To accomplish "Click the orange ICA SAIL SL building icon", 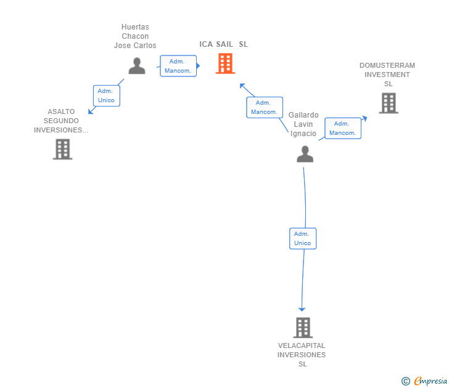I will tap(225, 63).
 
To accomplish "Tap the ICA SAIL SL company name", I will tap(223, 44).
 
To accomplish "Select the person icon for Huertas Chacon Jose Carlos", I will tap(137, 66).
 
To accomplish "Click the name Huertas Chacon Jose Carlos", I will tap(135, 36).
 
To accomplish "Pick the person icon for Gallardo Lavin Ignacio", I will tap(305, 154).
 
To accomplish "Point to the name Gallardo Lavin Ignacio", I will tap(303, 124).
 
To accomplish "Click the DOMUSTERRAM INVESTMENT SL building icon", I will tap(388, 103).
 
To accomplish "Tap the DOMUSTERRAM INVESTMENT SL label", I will tap(387, 75).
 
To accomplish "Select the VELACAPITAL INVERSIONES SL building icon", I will tap(302, 328).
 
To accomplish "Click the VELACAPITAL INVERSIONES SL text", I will tap(302, 355).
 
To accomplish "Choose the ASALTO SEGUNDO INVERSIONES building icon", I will tap(62, 149).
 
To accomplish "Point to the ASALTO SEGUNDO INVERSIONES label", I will tap(61, 121).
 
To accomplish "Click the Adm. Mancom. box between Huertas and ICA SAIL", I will tap(178, 66).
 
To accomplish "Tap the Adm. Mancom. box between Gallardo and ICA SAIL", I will tap(264, 107).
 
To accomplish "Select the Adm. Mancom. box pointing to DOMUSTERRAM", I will tap(342, 128).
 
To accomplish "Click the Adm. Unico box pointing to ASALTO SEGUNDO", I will tap(106, 95).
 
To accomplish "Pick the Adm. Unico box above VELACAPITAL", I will tap(303, 238).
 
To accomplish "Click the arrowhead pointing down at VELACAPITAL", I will tap(302, 309).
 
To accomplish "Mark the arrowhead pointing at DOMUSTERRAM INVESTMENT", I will tap(365, 116).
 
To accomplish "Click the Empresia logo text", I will tap(429, 381).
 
